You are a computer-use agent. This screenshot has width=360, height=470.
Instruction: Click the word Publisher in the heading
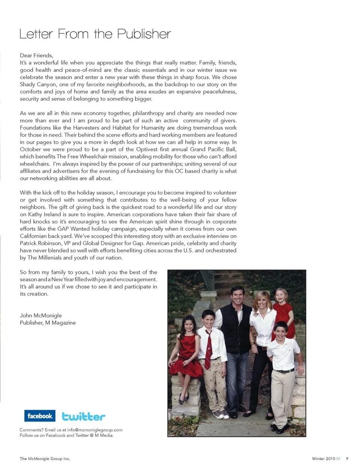tap(144, 34)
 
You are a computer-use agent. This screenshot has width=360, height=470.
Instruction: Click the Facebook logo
tap(40, 416)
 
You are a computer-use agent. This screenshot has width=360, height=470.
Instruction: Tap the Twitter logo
tap(83, 416)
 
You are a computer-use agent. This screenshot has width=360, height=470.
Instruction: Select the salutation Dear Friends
tap(36, 55)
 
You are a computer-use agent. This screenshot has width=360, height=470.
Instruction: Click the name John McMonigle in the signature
tap(41, 316)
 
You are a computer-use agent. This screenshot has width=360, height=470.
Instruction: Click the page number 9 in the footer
tap(347, 458)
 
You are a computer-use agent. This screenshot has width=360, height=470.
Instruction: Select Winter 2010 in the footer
tap(323, 458)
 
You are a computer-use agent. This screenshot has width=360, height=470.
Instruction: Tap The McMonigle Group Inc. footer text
tap(45, 458)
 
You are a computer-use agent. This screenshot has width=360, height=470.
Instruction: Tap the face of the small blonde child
tap(280, 297)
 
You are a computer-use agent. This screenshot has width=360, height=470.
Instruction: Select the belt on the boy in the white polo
tap(283, 371)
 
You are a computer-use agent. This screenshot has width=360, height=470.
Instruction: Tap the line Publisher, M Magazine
tap(48, 323)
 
